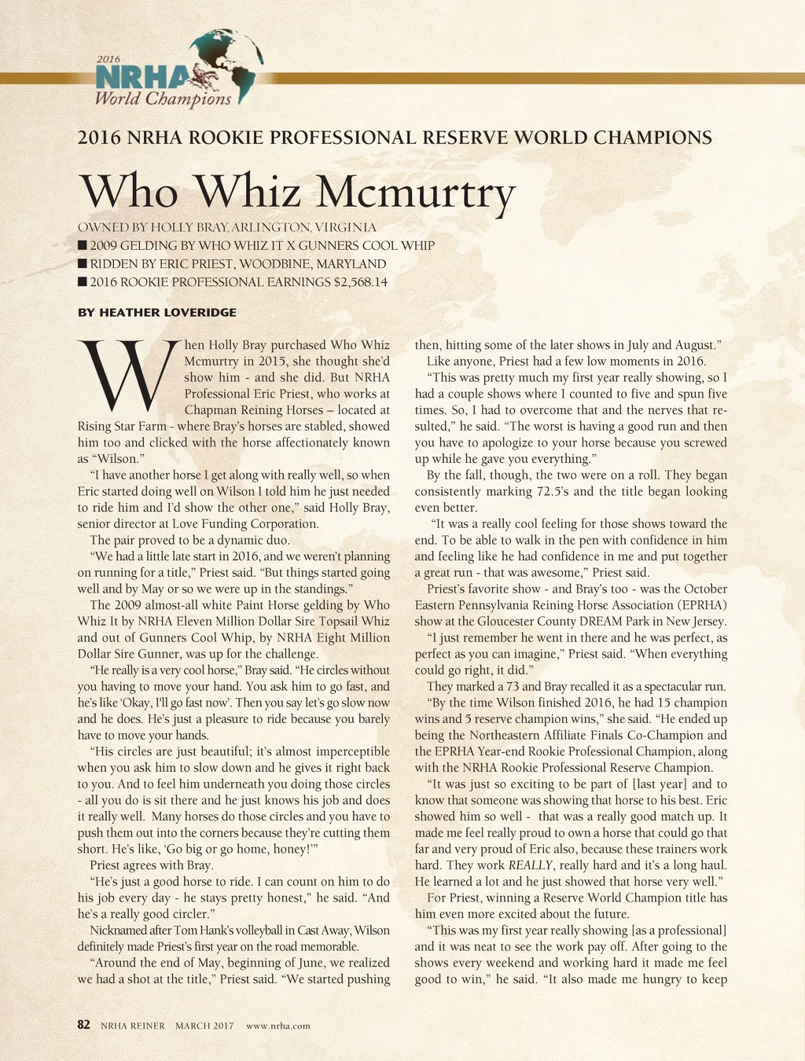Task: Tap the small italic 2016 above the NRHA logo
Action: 108,59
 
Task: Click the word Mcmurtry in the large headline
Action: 415,191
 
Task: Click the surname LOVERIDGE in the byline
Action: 200,313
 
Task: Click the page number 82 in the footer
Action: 84,1025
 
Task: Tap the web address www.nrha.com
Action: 278,1026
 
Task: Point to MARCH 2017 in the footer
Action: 204,1026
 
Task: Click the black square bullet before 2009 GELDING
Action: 83,246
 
